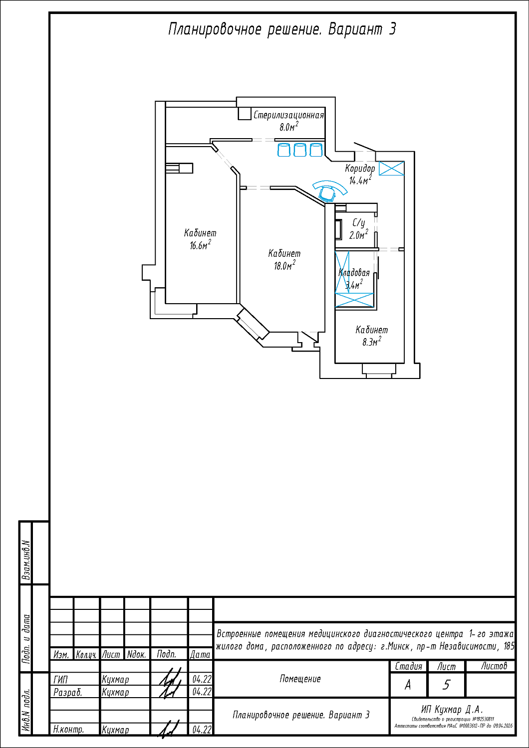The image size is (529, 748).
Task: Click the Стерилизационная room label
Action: (288, 116)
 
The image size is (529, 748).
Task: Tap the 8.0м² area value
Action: (288, 127)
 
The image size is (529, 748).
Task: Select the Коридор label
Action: (360, 169)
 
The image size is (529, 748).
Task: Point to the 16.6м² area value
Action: (200, 245)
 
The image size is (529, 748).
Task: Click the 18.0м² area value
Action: (284, 265)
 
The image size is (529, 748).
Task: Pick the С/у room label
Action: (359, 223)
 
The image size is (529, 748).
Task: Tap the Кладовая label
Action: (354, 273)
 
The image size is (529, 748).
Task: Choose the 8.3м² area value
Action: (371, 342)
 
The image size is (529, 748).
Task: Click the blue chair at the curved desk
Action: (328, 192)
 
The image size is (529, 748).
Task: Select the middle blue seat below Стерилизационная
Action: (300, 150)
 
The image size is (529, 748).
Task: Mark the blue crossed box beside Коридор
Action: (391, 168)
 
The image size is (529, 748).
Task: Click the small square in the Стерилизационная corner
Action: (244, 113)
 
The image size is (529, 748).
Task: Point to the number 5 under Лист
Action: (446, 685)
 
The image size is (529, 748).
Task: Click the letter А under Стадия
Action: (408, 685)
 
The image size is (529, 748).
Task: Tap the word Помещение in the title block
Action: (300, 679)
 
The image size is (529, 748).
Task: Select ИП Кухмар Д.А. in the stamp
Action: (452, 709)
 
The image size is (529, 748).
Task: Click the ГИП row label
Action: (60, 679)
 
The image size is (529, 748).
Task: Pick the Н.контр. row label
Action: (68, 729)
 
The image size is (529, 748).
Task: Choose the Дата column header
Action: (200, 654)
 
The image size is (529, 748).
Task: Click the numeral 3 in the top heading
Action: (392, 29)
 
